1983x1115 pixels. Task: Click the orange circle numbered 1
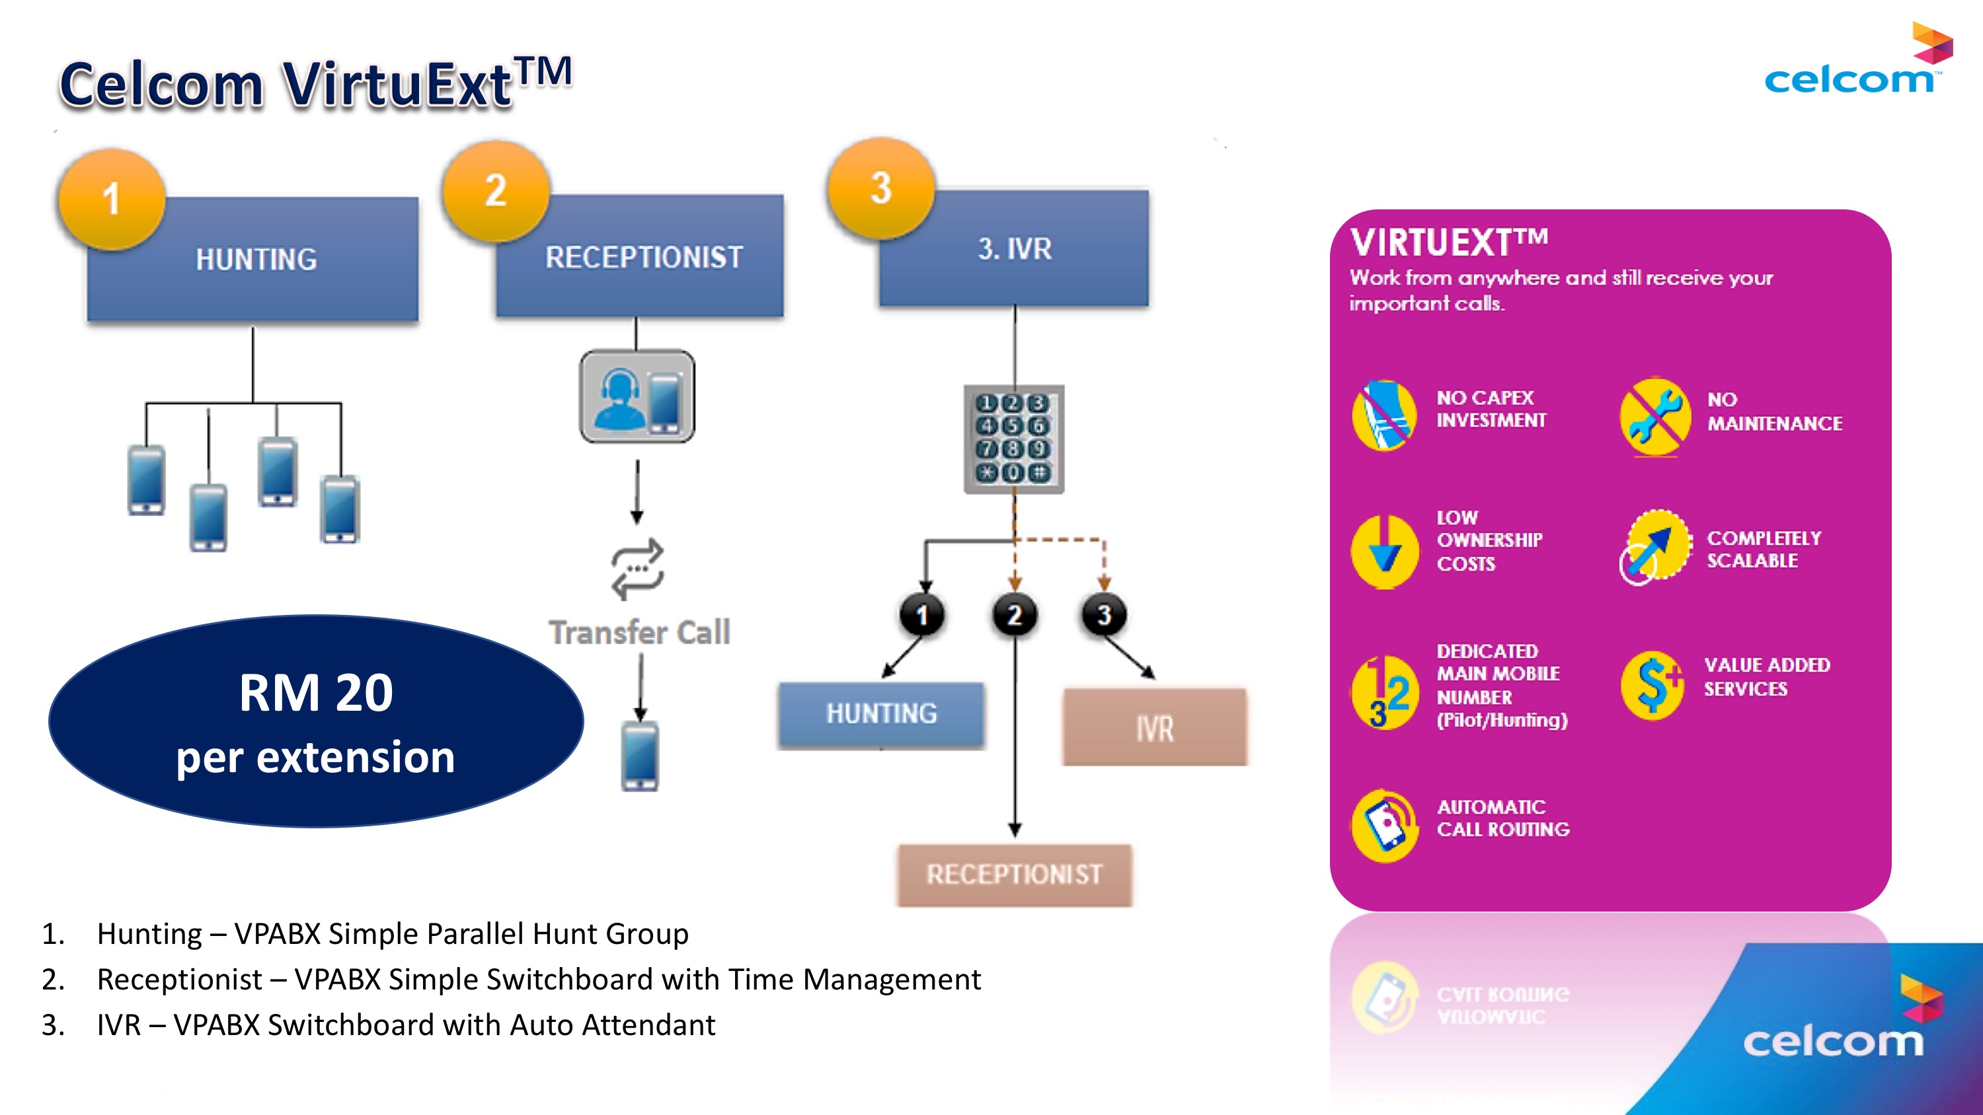(112, 199)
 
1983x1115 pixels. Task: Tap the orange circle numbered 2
(496, 191)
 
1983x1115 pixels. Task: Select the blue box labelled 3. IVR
(1014, 248)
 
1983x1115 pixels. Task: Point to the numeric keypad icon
(1014, 439)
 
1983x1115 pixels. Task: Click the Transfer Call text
(639, 633)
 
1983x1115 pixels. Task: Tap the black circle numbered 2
(1015, 615)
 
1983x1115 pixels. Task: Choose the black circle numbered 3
(1104, 615)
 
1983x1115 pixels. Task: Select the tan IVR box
(1154, 727)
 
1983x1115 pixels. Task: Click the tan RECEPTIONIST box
(1014, 875)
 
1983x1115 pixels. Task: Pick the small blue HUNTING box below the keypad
(881, 714)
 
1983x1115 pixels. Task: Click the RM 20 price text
(315, 692)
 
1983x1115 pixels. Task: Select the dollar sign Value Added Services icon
(1652, 685)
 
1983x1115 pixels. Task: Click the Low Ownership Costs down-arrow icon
(1384, 551)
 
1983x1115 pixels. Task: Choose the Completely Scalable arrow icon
(1655, 546)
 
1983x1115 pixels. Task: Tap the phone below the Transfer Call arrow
(640, 756)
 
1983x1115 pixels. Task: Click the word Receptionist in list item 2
(179, 980)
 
